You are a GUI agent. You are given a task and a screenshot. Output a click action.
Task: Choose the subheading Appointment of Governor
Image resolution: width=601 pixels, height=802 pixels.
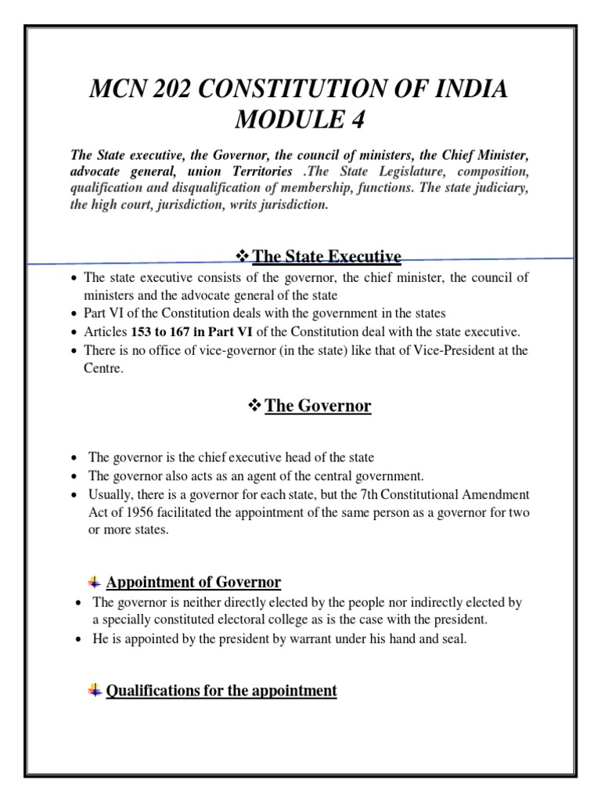click(x=193, y=582)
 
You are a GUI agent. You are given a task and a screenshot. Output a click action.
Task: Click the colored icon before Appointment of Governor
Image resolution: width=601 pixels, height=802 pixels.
click(x=93, y=582)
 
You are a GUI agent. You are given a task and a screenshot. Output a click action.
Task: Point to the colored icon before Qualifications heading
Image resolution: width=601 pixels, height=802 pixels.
click(x=93, y=690)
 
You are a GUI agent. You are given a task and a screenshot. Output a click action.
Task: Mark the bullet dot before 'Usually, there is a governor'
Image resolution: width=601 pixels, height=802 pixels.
click(x=74, y=495)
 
